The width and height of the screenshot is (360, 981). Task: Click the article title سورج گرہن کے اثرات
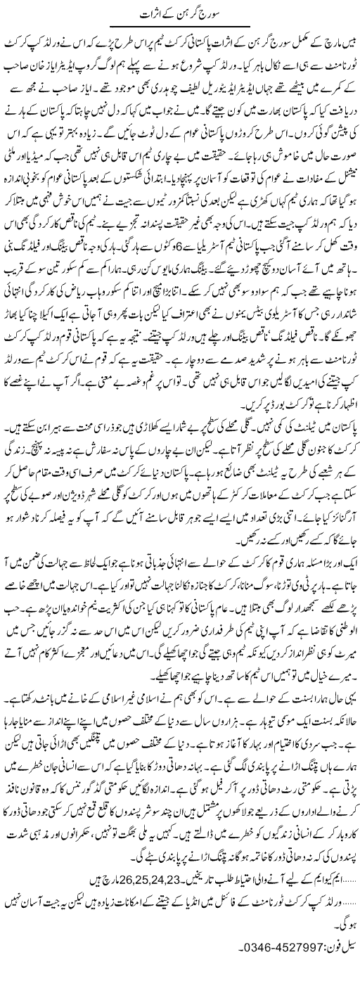click(x=180, y=15)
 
